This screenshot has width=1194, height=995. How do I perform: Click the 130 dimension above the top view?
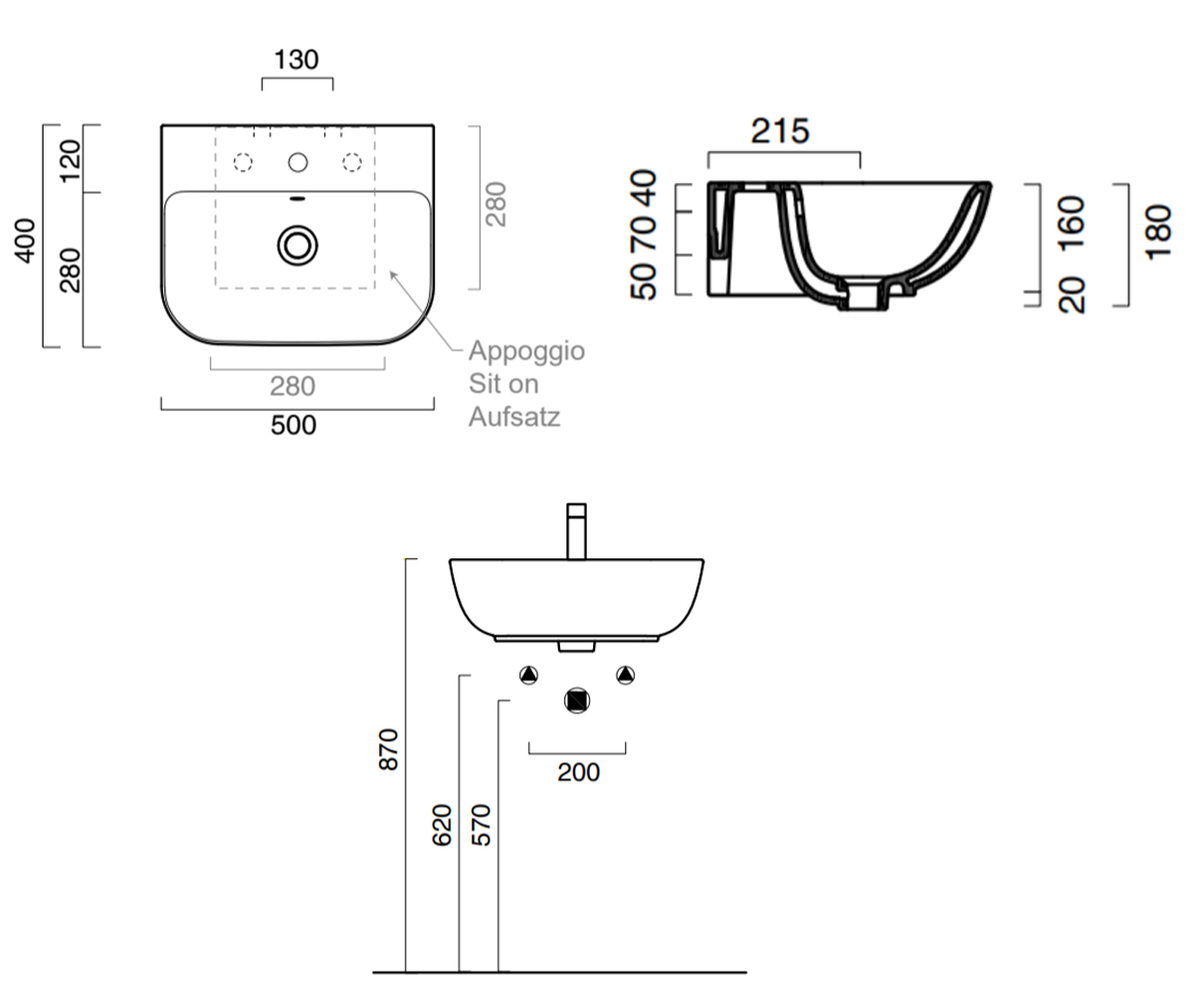pos(297,60)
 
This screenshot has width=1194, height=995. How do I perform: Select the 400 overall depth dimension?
pos(25,241)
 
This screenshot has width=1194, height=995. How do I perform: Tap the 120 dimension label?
pos(71,162)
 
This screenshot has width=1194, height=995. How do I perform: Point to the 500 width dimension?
pos(294,425)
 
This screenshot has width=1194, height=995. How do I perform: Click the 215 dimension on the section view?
pos(780,131)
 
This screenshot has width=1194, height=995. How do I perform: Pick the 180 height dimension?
pos(1159,232)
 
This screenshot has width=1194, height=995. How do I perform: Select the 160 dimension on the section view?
pos(1071,223)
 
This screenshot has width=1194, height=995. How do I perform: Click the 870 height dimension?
pos(388,749)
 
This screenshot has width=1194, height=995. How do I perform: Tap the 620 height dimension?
pos(442,825)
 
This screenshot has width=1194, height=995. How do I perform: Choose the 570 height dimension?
pos(481,825)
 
